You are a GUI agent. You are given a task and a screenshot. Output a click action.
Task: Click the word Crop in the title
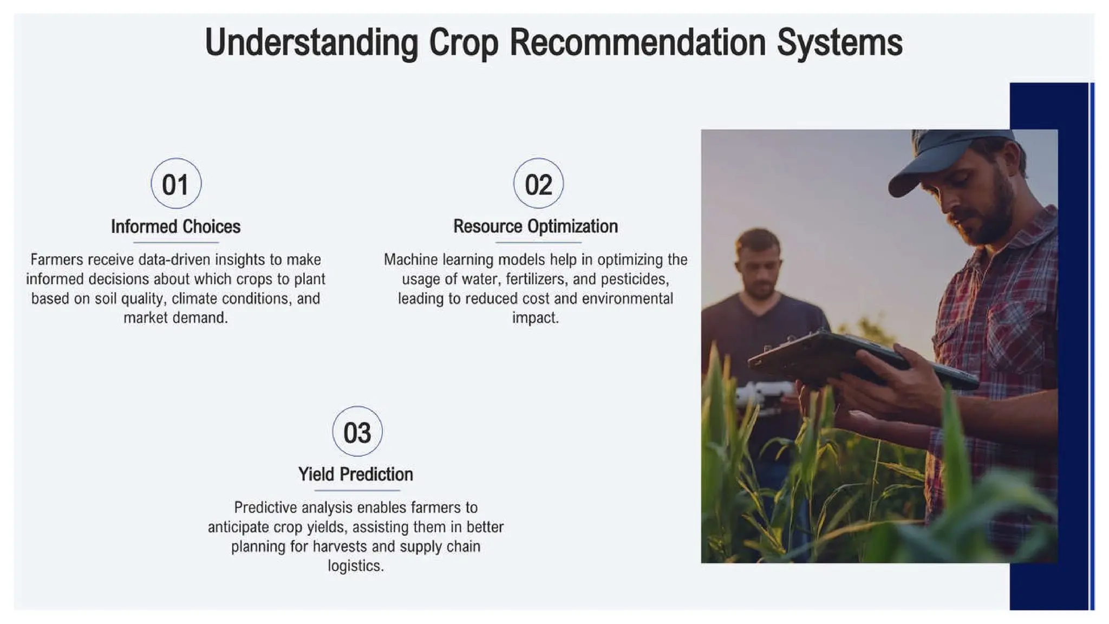[463, 43]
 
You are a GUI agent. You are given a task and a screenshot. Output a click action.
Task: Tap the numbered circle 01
[176, 184]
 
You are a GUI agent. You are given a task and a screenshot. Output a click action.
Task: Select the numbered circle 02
[538, 184]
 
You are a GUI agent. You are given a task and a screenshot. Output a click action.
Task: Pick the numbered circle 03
[357, 432]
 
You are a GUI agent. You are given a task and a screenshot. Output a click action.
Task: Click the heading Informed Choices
[175, 226]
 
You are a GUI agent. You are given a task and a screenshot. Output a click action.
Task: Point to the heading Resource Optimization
[535, 226]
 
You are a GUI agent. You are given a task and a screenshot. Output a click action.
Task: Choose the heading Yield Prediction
[356, 474]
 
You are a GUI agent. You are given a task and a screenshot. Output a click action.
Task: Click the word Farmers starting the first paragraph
[56, 259]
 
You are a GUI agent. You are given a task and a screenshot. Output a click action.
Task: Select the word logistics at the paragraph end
[355, 566]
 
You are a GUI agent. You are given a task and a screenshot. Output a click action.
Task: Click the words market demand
[175, 318]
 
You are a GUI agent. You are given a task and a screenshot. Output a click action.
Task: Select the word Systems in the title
[839, 43]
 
